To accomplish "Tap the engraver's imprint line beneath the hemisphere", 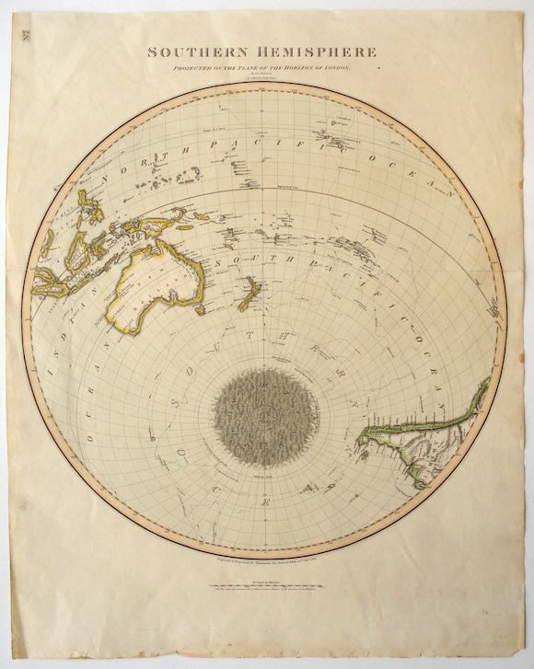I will (267, 547).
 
